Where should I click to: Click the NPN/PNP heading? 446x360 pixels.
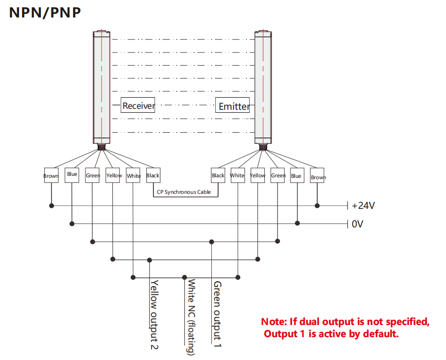click(45, 13)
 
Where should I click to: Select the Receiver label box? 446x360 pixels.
click(138, 105)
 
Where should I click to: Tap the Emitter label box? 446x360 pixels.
click(234, 106)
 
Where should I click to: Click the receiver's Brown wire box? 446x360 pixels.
click(51, 176)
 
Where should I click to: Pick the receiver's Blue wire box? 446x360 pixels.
click(72, 175)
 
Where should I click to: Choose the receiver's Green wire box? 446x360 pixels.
click(92, 175)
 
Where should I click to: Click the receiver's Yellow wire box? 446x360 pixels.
click(113, 175)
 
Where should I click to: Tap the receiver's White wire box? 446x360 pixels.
click(133, 176)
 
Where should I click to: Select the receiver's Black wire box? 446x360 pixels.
click(153, 175)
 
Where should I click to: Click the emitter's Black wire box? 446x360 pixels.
click(218, 175)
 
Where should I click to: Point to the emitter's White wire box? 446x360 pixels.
click(237, 175)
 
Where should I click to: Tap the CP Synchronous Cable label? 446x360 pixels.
click(184, 192)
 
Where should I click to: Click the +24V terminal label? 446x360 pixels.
click(363, 206)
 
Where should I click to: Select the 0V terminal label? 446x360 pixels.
click(358, 224)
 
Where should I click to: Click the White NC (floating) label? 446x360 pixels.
click(191, 317)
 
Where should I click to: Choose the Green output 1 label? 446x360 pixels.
click(217, 313)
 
